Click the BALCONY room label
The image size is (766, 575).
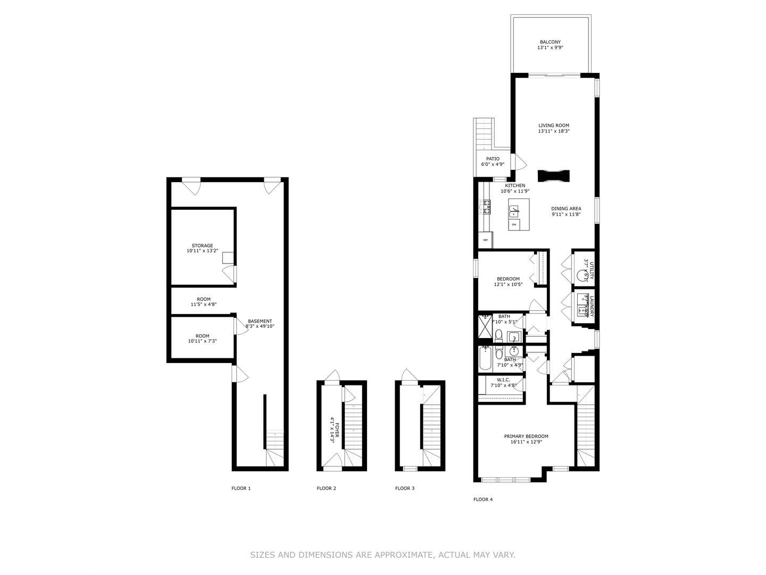pyautogui.click(x=550, y=45)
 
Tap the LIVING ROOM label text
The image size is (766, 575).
pyautogui.click(x=554, y=128)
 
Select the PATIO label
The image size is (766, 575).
pyautogui.click(x=493, y=161)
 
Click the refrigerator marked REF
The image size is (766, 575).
pyautogui.click(x=485, y=240)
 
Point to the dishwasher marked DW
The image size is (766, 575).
pyautogui.click(x=514, y=225)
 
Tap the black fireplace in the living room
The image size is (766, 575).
pyautogui.click(x=553, y=176)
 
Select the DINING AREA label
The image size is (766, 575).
pyautogui.click(x=566, y=211)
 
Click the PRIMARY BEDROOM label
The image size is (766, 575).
pyautogui.click(x=526, y=439)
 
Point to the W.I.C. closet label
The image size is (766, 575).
pyautogui.click(x=503, y=382)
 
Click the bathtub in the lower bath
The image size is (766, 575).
pyautogui.click(x=485, y=359)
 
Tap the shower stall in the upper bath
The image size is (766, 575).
pyautogui.click(x=485, y=326)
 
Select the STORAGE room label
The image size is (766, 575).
pyautogui.click(x=202, y=248)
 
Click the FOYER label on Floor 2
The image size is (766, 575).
pyautogui.click(x=334, y=427)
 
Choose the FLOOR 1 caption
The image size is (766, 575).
pyautogui.click(x=241, y=488)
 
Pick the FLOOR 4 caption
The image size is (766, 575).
pyautogui.click(x=483, y=499)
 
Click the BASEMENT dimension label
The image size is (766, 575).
pyautogui.click(x=260, y=324)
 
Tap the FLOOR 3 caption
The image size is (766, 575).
pyautogui.click(x=405, y=488)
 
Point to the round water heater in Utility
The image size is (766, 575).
pyautogui.click(x=581, y=276)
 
